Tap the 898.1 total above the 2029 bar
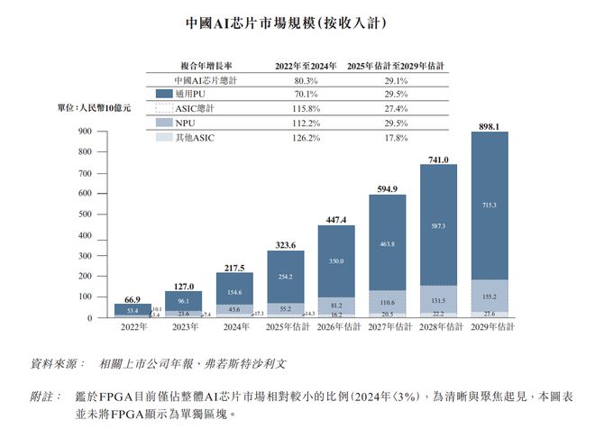pyautogui.click(x=488, y=125)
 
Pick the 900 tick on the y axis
pyautogui.click(x=87, y=132)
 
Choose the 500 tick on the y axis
pyautogui.click(x=87, y=214)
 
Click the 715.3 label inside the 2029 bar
pyautogui.click(x=489, y=205)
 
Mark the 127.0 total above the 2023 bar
pyautogui.click(x=184, y=286)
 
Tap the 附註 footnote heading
pyautogui.click(x=46, y=396)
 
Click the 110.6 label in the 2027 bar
pyautogui.click(x=386, y=303)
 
